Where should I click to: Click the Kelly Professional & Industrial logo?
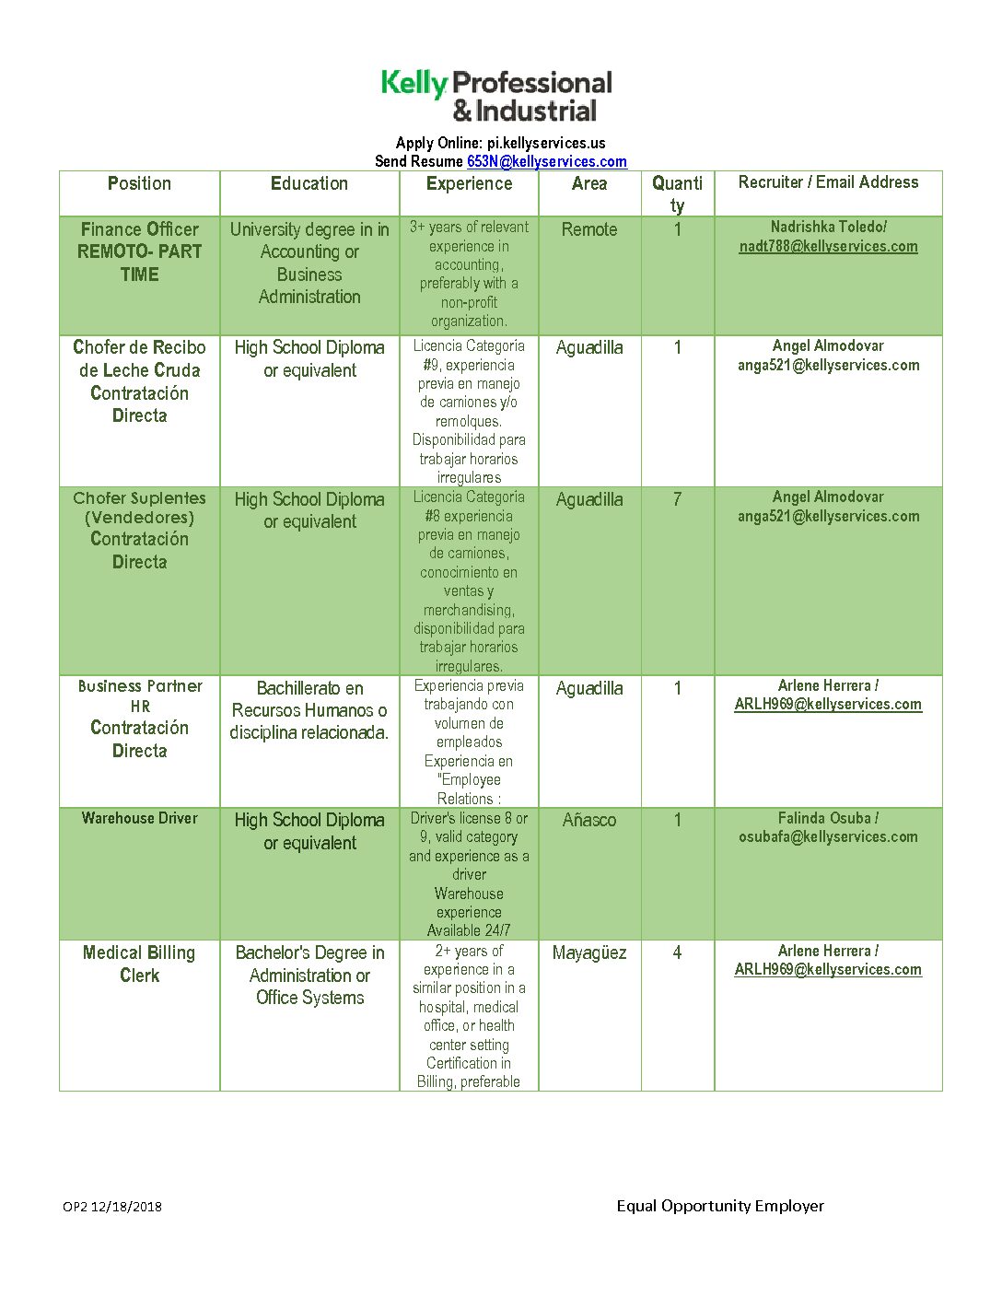(x=497, y=96)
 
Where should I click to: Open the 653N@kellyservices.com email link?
(x=546, y=161)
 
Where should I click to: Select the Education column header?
(x=309, y=183)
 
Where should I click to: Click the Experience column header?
(x=469, y=183)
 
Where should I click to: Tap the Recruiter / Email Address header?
(x=828, y=182)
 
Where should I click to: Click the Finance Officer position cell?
(x=139, y=251)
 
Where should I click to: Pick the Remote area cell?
(x=589, y=229)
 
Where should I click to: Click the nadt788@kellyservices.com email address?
(x=828, y=246)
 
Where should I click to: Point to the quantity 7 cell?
(x=677, y=499)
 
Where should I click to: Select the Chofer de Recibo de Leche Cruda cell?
(x=139, y=381)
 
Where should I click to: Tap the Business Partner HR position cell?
(x=139, y=718)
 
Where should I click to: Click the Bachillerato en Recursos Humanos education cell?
(x=309, y=710)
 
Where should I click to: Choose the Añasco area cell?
(x=589, y=820)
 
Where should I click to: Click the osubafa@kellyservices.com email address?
(x=828, y=836)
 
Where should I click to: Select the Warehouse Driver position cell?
(x=139, y=818)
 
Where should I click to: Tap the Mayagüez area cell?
(x=589, y=952)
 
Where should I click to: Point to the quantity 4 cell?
(x=677, y=952)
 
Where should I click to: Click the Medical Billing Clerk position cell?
(x=139, y=964)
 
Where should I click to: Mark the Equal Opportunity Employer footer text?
(x=720, y=1206)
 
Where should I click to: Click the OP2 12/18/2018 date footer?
(x=112, y=1207)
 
